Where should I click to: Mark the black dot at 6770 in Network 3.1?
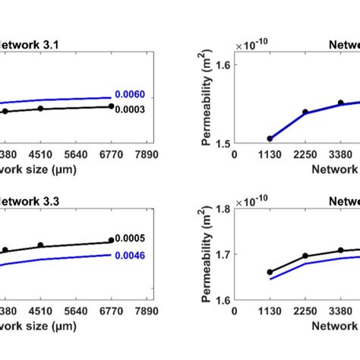coord(111,106)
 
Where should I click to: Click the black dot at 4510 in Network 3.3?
coord(40,245)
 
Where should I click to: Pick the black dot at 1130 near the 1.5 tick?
coord(270,138)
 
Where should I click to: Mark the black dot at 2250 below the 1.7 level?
coord(305,256)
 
